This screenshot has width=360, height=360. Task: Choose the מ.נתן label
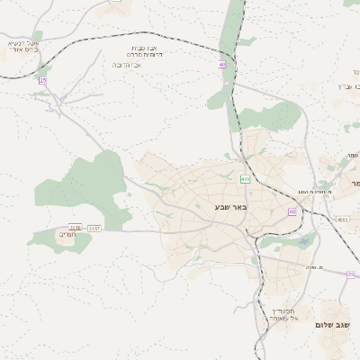coord(314,267)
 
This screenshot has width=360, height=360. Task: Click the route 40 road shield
coord(222,64)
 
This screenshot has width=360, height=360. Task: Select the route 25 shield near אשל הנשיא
coord(42,80)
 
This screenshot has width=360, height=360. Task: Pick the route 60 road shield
coord(292,211)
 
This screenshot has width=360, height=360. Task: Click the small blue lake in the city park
coord(303,241)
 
